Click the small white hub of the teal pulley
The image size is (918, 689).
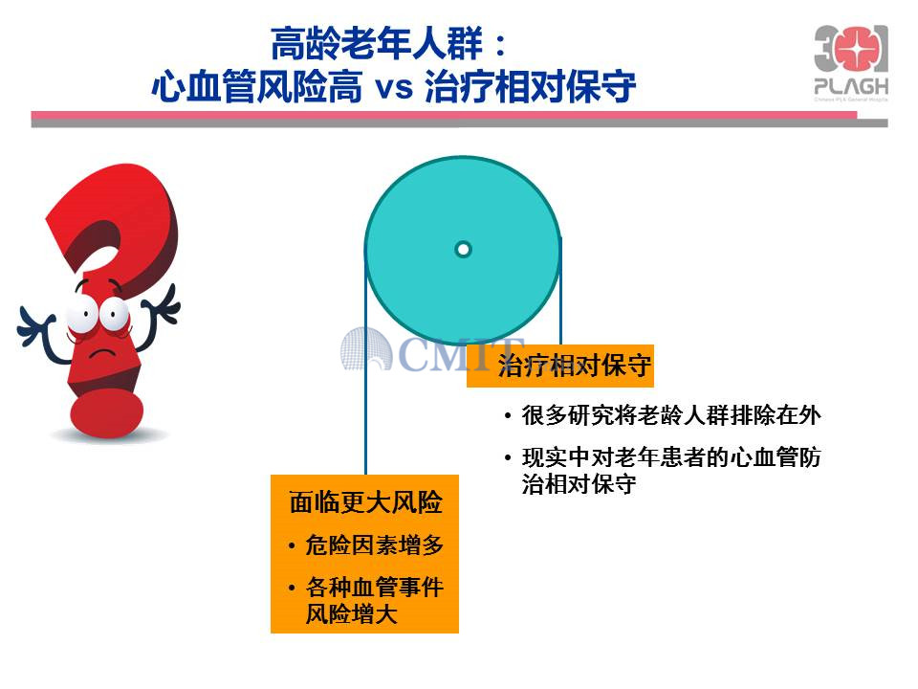click(x=463, y=250)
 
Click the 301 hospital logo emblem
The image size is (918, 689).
click(x=851, y=51)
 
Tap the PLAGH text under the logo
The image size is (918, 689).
click(x=851, y=87)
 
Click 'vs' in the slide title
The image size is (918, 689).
click(x=393, y=88)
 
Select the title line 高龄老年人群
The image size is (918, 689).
click(x=377, y=43)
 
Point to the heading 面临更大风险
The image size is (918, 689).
click(x=365, y=502)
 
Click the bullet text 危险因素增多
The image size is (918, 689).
click(x=374, y=545)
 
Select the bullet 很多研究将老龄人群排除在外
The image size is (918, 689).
click(x=671, y=415)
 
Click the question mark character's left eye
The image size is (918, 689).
click(x=83, y=314)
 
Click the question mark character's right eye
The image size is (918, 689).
click(x=114, y=315)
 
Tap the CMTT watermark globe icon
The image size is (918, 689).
click(x=366, y=349)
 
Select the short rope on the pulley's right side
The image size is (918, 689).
click(x=561, y=291)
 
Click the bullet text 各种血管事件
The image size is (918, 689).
click(x=374, y=587)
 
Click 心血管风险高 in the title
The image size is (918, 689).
click(x=256, y=88)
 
